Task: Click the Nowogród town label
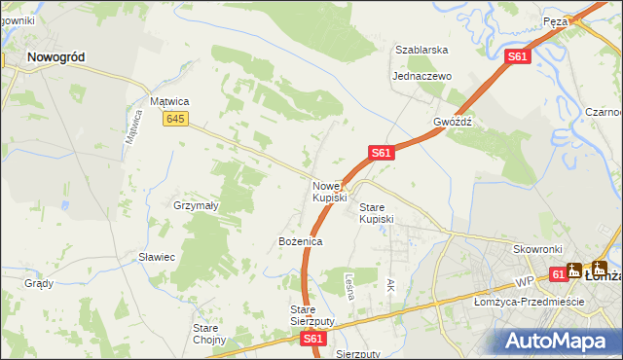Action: click(55, 57)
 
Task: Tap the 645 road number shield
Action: click(175, 119)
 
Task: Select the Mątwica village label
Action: click(168, 100)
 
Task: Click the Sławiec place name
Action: click(156, 257)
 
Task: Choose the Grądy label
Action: click(39, 283)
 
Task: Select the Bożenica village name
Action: click(300, 240)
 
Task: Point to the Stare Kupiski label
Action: click(377, 213)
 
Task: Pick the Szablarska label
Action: click(421, 50)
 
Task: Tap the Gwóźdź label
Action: click(453, 123)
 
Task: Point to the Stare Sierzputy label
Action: click(312, 315)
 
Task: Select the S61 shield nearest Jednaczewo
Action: click(518, 58)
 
